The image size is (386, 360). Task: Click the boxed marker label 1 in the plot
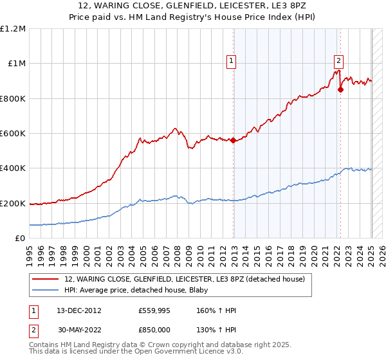point(230,62)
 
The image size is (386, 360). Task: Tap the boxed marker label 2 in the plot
point(338,62)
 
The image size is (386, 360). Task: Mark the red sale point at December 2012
point(234,141)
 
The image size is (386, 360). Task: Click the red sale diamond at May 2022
point(340,90)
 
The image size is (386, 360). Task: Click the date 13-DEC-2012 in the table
point(75,310)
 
